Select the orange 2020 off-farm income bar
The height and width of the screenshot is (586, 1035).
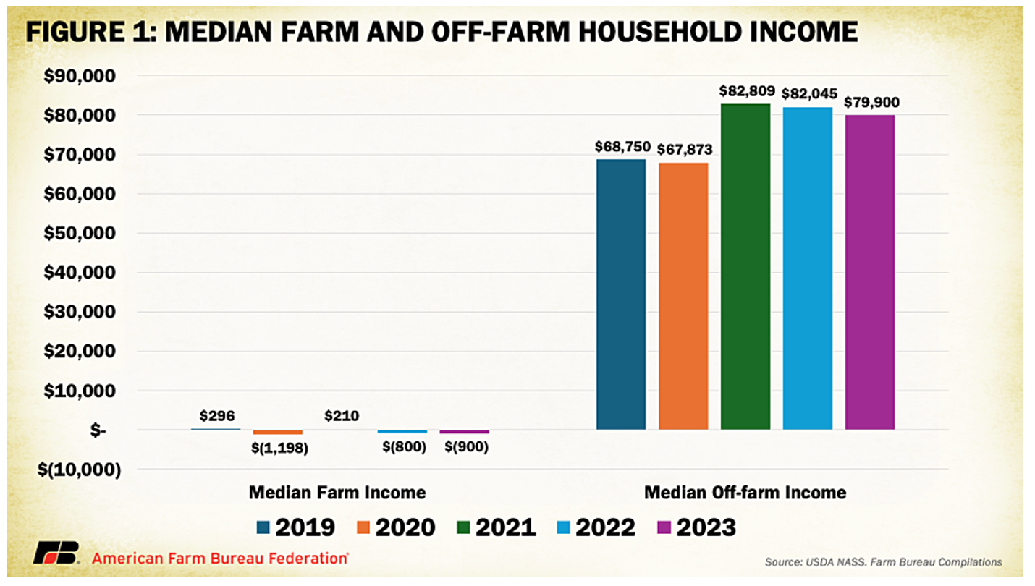[x=683, y=296]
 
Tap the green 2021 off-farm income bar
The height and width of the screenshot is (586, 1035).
[x=745, y=267]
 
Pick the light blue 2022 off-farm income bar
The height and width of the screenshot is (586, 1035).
[x=808, y=268]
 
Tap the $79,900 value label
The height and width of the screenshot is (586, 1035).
[x=871, y=102]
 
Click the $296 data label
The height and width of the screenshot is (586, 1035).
[x=217, y=415]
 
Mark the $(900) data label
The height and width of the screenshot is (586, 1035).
[x=464, y=447]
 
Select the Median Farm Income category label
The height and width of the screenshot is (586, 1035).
[x=337, y=493]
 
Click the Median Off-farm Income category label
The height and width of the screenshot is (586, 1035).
[x=745, y=493]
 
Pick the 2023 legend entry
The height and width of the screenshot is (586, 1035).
[x=696, y=527]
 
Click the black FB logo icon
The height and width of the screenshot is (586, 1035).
[x=56, y=554]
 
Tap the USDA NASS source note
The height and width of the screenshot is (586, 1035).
[x=883, y=561]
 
